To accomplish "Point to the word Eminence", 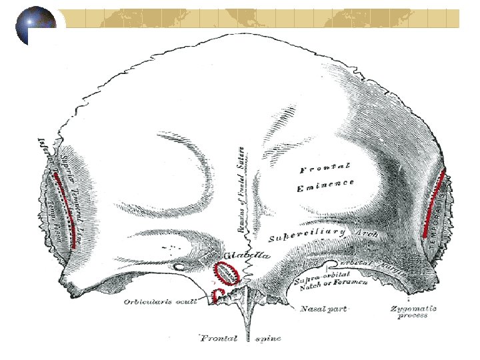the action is coord(325,185).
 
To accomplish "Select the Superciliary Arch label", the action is coord(323,234).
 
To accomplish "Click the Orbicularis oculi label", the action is coord(159,302).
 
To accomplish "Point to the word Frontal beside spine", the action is coord(219,338).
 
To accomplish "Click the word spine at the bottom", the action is coord(268,338).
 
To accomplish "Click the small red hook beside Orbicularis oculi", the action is coord(216,295).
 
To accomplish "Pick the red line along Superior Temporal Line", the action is coord(65,210).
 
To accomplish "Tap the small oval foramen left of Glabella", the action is coord(178,267).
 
